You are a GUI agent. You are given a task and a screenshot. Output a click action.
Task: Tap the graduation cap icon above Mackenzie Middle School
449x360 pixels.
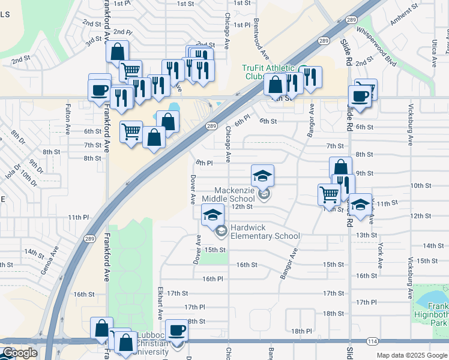262,176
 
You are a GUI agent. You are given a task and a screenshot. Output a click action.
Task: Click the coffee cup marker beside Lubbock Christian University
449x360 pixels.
176,329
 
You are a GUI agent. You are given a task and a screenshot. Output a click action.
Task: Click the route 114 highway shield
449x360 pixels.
372,341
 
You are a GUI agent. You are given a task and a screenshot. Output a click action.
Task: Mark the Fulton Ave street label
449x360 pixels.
68,117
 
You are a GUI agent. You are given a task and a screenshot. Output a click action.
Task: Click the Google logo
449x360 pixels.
20,353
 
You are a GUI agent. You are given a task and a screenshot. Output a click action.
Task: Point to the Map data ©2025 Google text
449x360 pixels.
411,355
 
